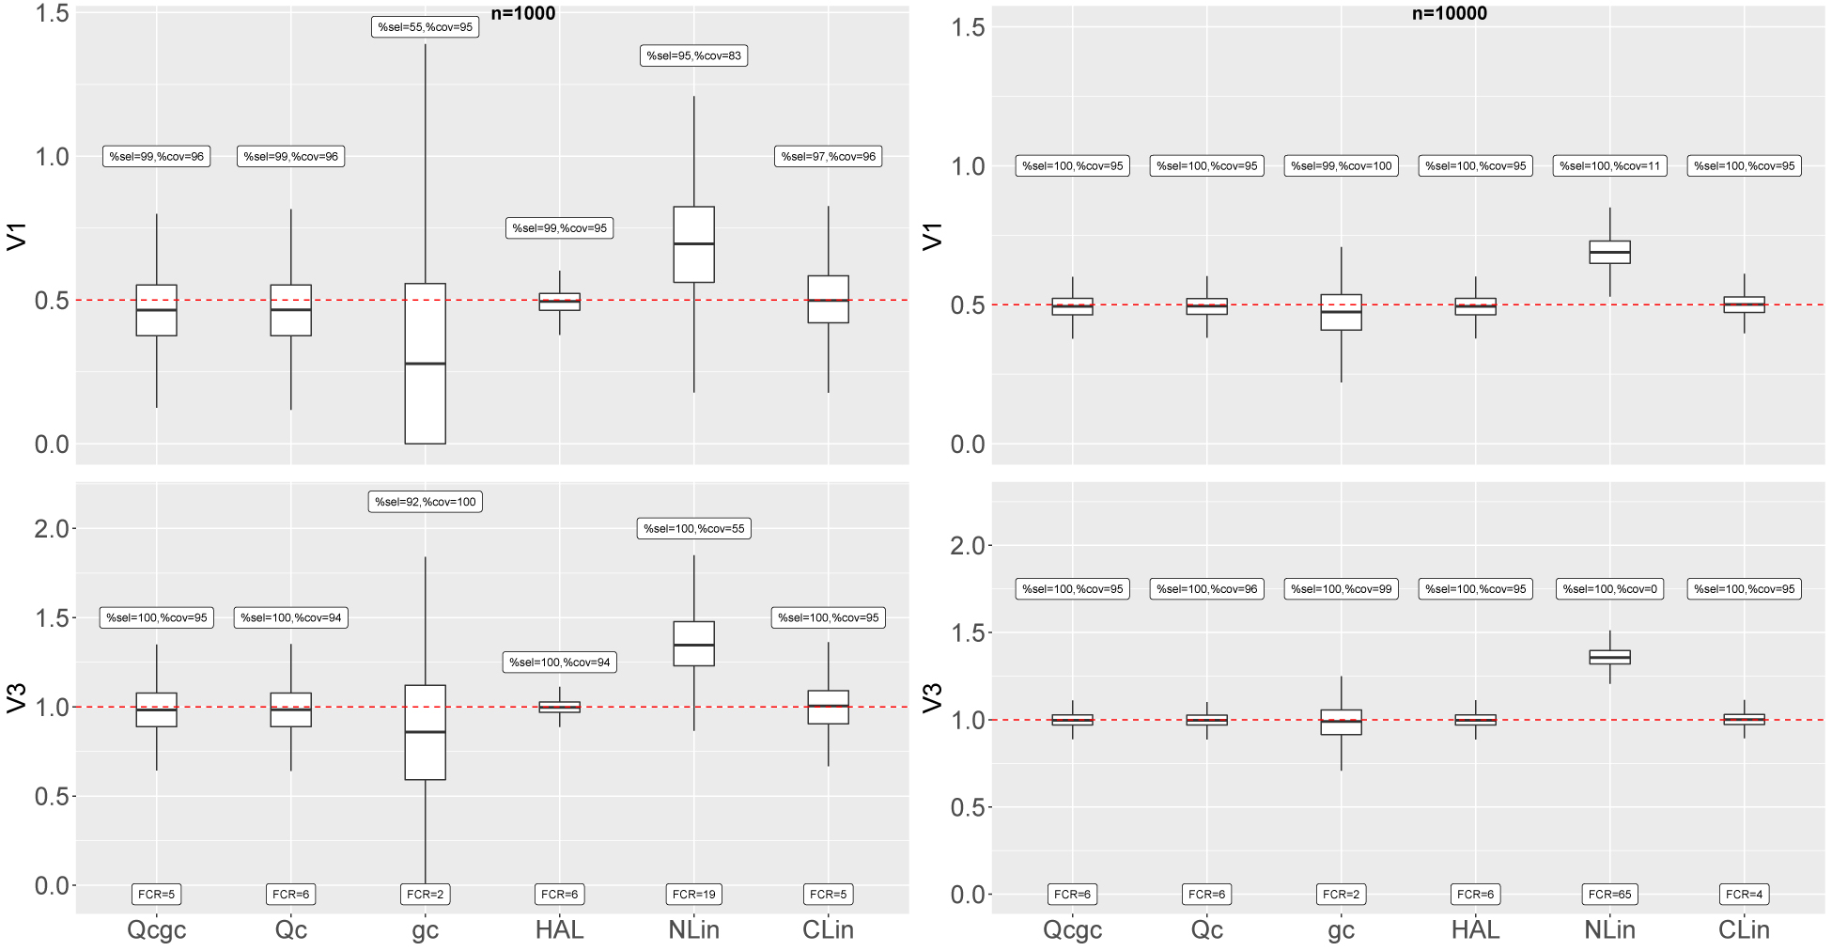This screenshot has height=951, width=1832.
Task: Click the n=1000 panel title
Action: (x=522, y=13)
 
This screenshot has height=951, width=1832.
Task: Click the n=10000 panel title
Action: (x=1449, y=13)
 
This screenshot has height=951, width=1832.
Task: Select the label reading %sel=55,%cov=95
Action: (x=425, y=27)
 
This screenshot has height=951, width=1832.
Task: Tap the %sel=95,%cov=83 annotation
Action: (x=693, y=55)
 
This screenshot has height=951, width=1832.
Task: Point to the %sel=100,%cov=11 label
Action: (x=1609, y=166)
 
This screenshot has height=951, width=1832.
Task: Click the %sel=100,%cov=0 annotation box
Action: (x=1609, y=589)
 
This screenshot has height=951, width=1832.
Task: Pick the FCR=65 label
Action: (x=1609, y=895)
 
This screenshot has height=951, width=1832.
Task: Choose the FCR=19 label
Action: (x=693, y=895)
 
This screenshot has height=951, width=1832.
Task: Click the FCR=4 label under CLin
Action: (x=1744, y=895)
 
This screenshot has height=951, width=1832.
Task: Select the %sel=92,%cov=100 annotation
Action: (x=425, y=502)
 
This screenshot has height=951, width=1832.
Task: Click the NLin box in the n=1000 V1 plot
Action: (x=693, y=244)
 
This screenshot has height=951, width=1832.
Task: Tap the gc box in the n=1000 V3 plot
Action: (x=425, y=732)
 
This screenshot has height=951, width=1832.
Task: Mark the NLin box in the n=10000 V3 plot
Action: (x=1609, y=657)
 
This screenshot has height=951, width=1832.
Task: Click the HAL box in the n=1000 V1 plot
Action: (x=559, y=302)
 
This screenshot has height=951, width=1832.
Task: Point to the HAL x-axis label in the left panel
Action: (x=559, y=930)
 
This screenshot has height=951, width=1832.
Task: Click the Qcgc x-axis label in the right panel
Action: (x=1072, y=930)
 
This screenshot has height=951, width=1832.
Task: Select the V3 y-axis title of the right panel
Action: (x=932, y=698)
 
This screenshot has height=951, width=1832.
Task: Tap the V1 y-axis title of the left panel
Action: (x=16, y=236)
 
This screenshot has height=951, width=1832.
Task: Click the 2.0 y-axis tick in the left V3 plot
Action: (x=52, y=529)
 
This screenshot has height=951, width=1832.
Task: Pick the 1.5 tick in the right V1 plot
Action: (x=968, y=27)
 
